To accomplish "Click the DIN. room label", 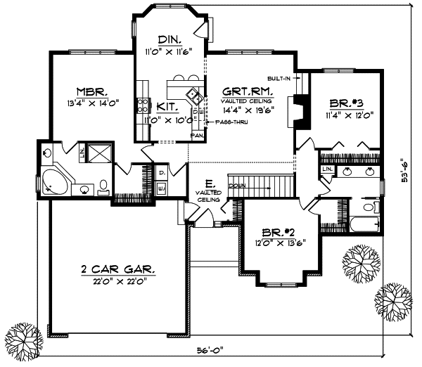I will point(169,39).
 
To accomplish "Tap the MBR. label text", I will point(92,91).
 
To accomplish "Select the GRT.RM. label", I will point(247,91).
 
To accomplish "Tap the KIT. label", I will point(167,105).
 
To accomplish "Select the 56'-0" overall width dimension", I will point(210,349).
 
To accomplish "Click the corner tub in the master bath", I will point(54,181).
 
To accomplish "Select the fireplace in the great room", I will point(301,111).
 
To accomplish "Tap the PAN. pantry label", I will point(198,134).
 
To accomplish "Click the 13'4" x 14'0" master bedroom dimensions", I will point(92,102).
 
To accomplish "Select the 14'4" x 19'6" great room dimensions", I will point(248,110).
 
